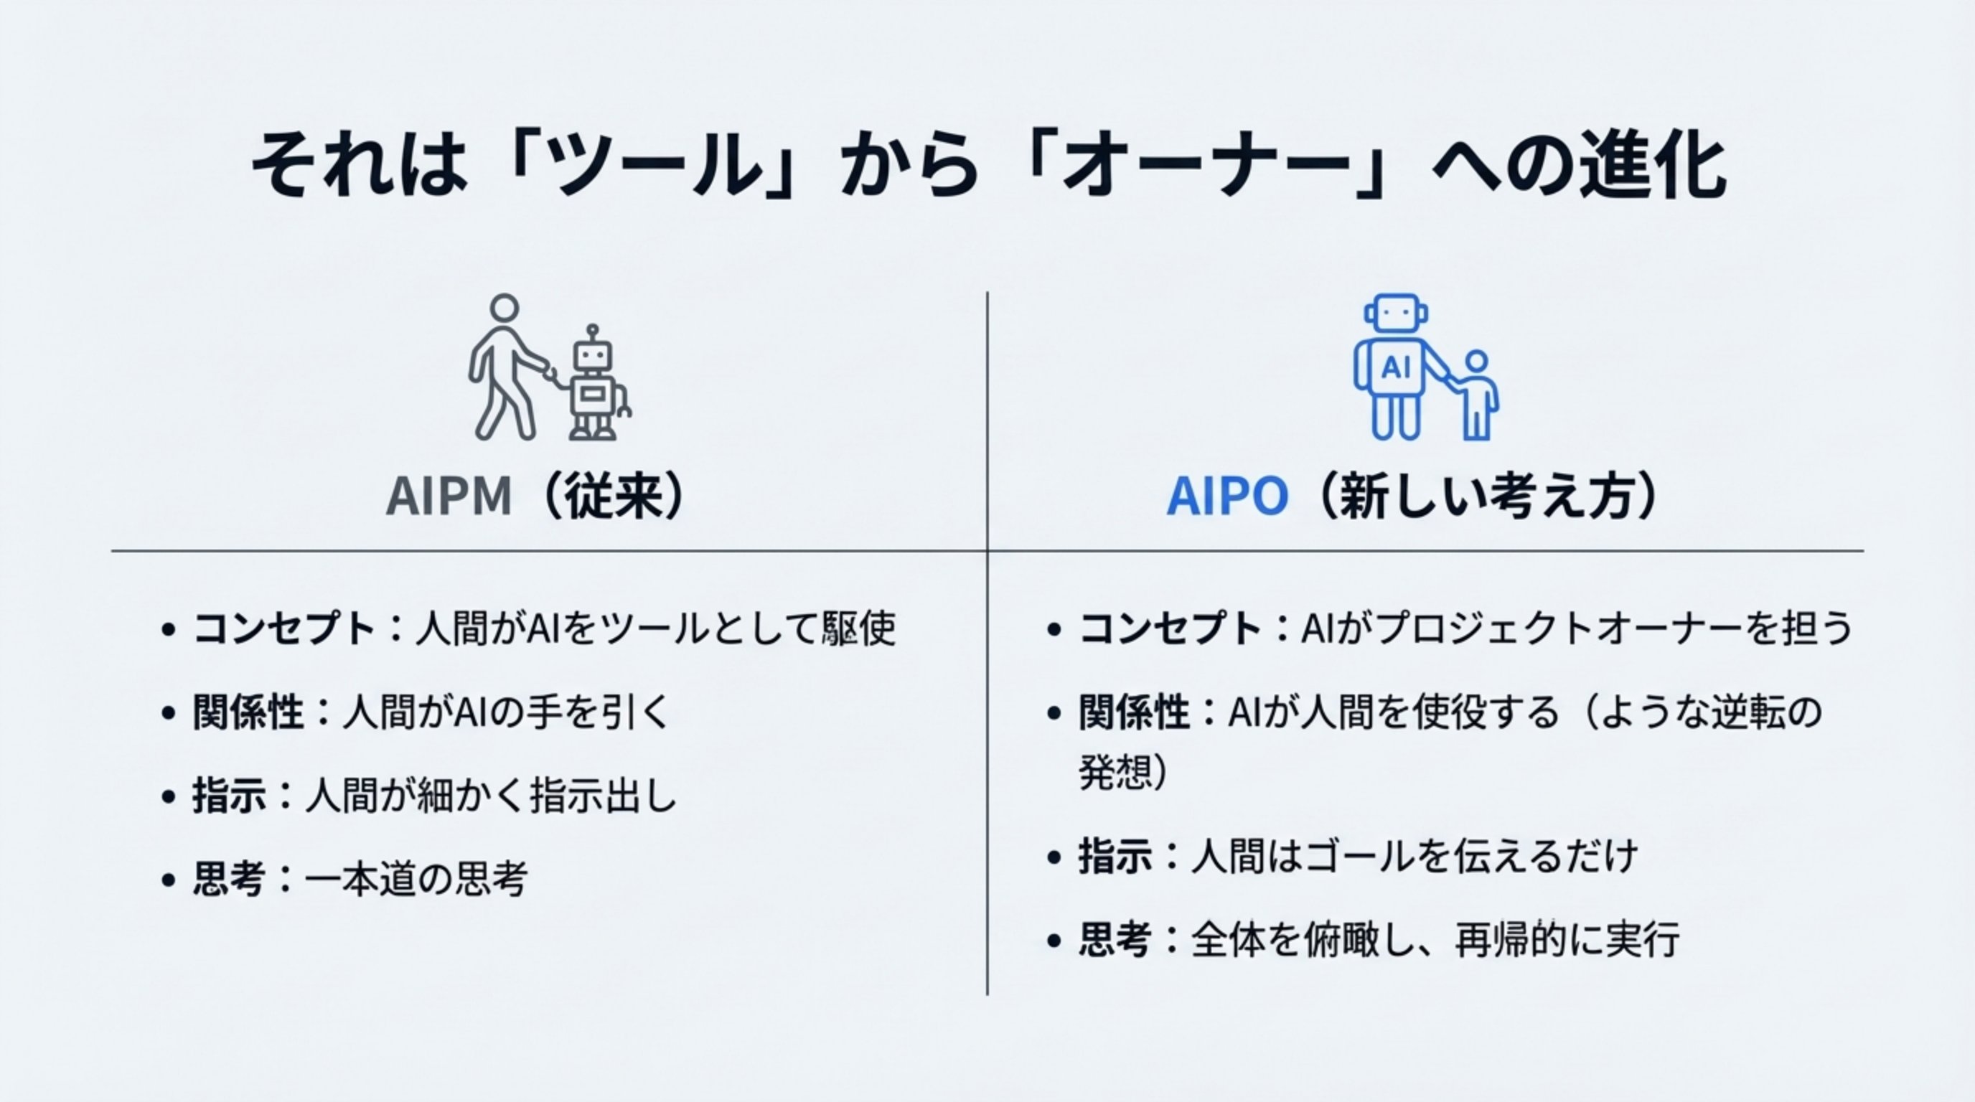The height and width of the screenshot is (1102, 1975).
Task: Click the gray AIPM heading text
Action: point(449,497)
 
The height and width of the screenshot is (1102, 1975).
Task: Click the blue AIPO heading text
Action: point(1226,497)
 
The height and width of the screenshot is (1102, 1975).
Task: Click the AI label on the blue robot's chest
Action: point(1395,368)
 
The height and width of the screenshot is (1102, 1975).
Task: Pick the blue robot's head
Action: point(1396,313)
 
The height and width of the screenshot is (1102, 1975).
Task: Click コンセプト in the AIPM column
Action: point(283,629)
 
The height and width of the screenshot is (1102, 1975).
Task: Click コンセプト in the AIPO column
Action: point(1169,629)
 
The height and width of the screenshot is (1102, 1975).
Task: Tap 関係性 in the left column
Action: point(248,712)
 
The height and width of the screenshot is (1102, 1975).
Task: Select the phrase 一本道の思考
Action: point(416,879)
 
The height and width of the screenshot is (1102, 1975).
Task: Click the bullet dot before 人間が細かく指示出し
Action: point(169,797)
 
